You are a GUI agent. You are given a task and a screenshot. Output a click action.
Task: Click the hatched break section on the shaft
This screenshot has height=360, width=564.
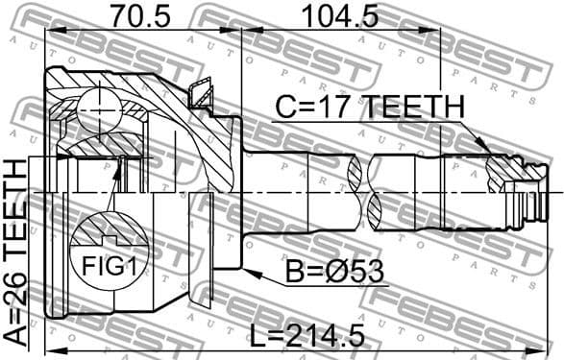(x=370, y=187)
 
